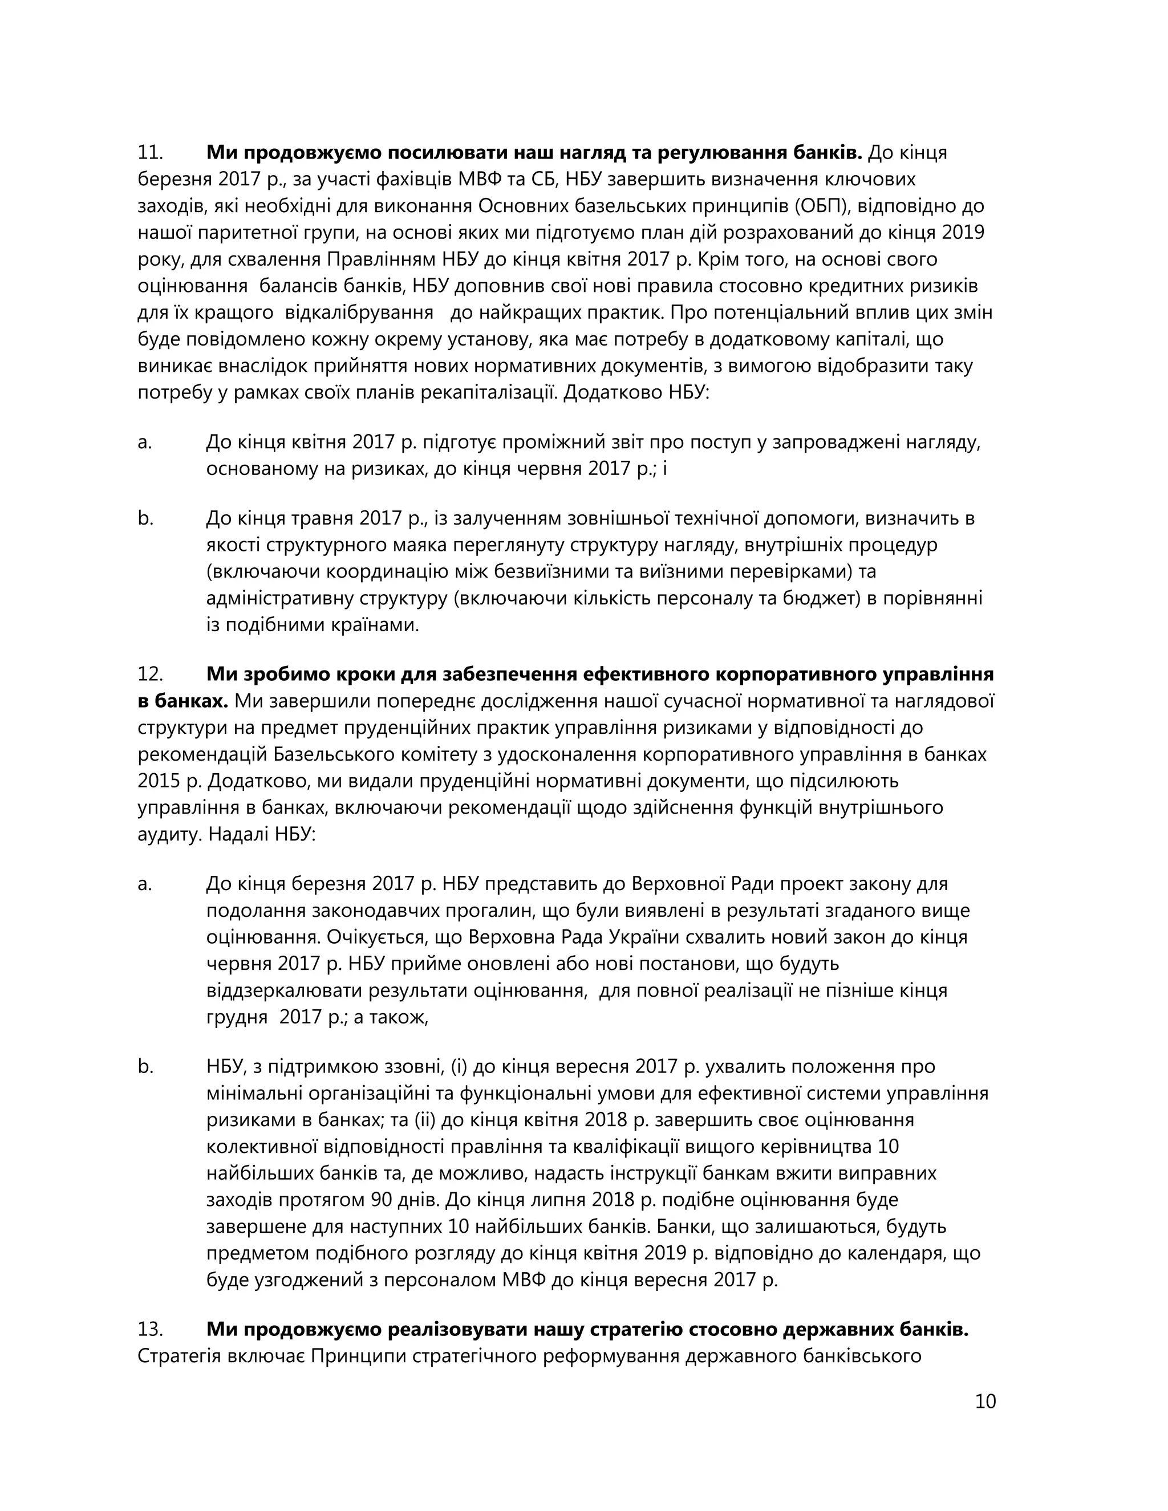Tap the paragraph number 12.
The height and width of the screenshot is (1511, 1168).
point(149,674)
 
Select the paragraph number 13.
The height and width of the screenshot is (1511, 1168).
point(149,1329)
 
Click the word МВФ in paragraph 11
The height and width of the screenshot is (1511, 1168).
point(478,179)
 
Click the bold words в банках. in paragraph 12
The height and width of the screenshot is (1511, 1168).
point(182,701)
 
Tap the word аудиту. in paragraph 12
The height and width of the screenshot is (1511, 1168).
point(170,834)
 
